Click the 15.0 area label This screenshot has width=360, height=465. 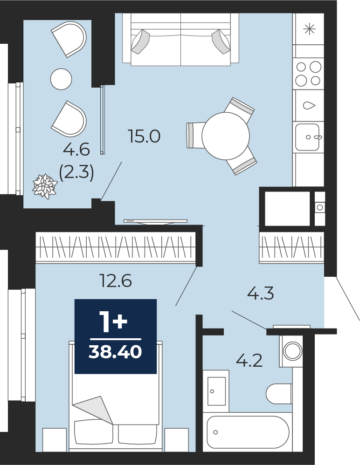(144, 137)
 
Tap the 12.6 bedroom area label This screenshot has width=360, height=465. (116, 280)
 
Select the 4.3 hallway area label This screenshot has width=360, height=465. (261, 294)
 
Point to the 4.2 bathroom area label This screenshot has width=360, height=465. (249, 361)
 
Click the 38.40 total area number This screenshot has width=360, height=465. (115, 352)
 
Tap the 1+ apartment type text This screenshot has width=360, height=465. (115, 323)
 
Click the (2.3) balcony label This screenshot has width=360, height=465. (76, 172)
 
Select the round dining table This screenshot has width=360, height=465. (226, 136)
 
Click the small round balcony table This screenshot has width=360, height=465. (61, 79)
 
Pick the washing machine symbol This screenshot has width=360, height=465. (292, 351)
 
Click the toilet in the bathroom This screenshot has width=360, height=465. (279, 394)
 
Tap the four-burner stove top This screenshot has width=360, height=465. (308, 74)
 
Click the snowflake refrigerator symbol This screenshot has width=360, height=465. (309, 29)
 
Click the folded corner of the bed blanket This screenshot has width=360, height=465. (93, 410)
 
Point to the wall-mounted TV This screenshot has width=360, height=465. (155, 221)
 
